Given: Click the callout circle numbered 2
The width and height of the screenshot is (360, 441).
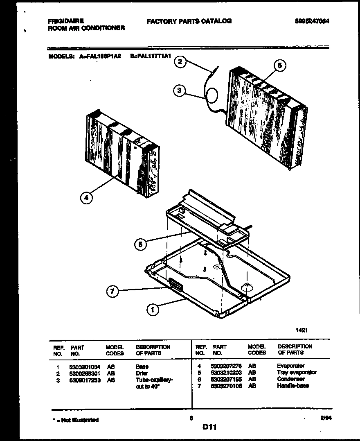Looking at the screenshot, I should point(180,62).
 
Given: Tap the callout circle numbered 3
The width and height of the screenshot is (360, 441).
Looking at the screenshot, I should point(180,90).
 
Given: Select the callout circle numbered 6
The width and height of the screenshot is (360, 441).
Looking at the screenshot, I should point(279,66).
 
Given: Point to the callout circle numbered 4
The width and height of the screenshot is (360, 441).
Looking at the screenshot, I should point(86,198).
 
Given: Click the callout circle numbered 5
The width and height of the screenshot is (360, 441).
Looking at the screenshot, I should point(140,244).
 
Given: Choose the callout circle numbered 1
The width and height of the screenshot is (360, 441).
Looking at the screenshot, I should point(153,310).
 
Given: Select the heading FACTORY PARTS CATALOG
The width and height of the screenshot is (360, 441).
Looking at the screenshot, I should point(189,21).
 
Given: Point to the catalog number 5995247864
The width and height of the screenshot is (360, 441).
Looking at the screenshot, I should point(312,21).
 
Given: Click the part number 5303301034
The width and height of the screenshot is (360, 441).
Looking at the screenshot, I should point(85,367).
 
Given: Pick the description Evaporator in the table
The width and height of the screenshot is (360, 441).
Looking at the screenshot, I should point(290,366).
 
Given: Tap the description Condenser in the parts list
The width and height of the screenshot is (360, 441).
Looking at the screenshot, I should point(290,379).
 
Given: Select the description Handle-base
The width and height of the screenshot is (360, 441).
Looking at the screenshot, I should point(293,386).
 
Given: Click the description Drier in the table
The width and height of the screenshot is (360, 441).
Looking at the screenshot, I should point(142,373).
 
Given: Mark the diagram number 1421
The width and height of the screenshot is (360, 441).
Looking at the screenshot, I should point(301,330).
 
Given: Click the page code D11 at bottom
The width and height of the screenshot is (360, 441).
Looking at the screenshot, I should point(209,427).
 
